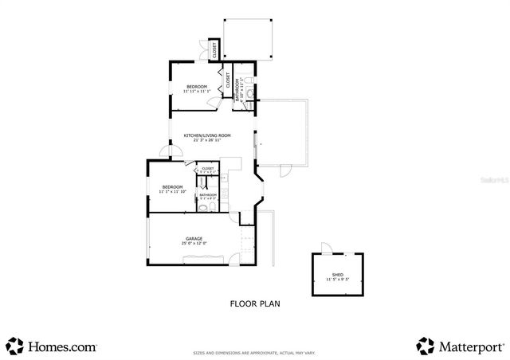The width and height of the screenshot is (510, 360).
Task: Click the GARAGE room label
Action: [x=194, y=238]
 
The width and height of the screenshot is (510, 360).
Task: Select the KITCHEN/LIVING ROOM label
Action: [x=207, y=135]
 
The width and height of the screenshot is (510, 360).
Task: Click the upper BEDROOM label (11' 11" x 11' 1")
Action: [x=197, y=86]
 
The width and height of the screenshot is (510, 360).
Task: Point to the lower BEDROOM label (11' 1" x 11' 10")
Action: [x=172, y=187]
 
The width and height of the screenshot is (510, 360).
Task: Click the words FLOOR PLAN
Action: [x=255, y=303]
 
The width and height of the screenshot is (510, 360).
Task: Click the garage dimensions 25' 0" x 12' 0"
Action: [x=194, y=243]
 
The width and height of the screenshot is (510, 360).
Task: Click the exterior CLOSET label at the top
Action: [x=213, y=50]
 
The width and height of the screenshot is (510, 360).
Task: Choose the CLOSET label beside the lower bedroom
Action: [x=207, y=169]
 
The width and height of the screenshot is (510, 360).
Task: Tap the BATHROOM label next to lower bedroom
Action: [x=208, y=194]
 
